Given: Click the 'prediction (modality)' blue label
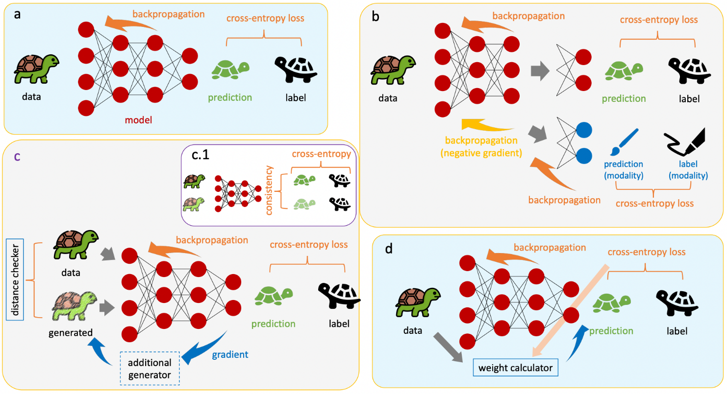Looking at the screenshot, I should click(x=624, y=169).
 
